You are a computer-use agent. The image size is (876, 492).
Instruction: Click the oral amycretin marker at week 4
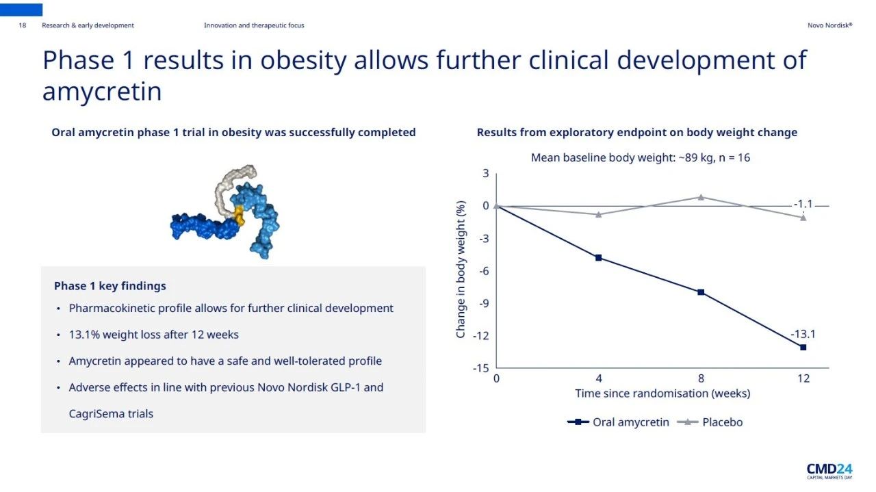coord(598,258)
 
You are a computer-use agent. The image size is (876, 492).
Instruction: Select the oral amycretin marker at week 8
coord(701,292)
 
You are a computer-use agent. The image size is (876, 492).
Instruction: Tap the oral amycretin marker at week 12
coord(803,348)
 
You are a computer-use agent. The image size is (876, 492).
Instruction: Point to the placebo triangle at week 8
coord(701,197)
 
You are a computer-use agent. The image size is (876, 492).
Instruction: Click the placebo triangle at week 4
coord(598,214)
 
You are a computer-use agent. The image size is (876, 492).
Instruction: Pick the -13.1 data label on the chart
coord(803,335)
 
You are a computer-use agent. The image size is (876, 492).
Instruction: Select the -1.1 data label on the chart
coord(803,204)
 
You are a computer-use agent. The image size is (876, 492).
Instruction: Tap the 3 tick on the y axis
coord(485,174)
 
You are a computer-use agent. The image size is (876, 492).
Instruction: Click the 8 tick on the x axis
coord(701,378)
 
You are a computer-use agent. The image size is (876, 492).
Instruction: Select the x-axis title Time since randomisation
coord(662,393)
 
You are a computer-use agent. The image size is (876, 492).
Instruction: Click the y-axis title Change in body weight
coord(461,269)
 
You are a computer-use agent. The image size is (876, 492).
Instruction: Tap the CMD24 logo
coord(829,470)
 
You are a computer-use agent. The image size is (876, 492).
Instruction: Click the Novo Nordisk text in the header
coord(829,25)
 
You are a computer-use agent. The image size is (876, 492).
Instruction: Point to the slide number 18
coord(23,25)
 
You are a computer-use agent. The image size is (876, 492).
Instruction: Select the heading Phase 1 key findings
coord(109,286)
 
